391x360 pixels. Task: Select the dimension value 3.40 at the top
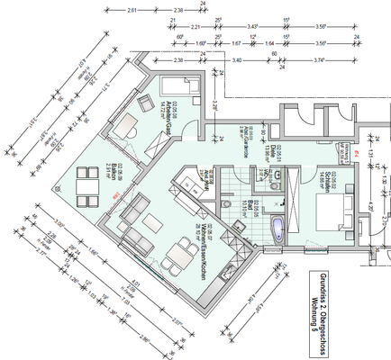(x=236, y=59)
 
